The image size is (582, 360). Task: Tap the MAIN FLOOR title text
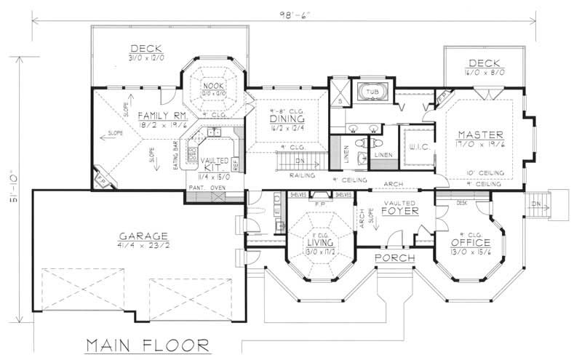pyautogui.click(x=149, y=343)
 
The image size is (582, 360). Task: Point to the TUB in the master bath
pyautogui.click(x=372, y=92)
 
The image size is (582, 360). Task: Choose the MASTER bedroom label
pyautogui.click(x=477, y=135)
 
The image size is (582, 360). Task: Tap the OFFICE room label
pyautogui.click(x=471, y=241)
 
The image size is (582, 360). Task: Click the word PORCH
pyautogui.click(x=395, y=259)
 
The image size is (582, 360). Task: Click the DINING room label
pyautogui.click(x=286, y=119)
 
